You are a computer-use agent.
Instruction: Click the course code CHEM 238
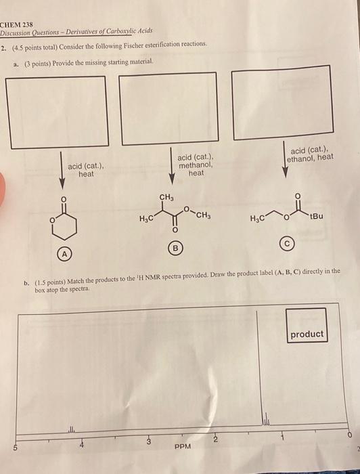coord(16,24)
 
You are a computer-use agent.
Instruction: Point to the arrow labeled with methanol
coord(172,166)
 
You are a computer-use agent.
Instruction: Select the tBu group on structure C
coord(316,217)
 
